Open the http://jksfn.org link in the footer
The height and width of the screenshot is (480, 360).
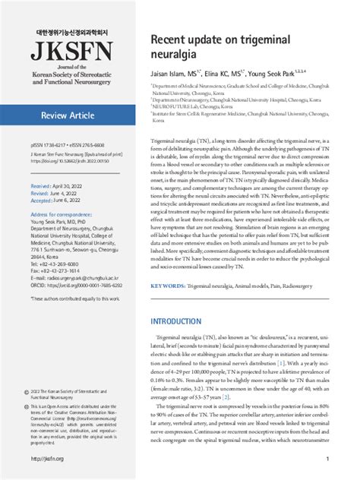click(x=47, y=459)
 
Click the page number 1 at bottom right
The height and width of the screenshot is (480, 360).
click(x=327, y=459)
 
